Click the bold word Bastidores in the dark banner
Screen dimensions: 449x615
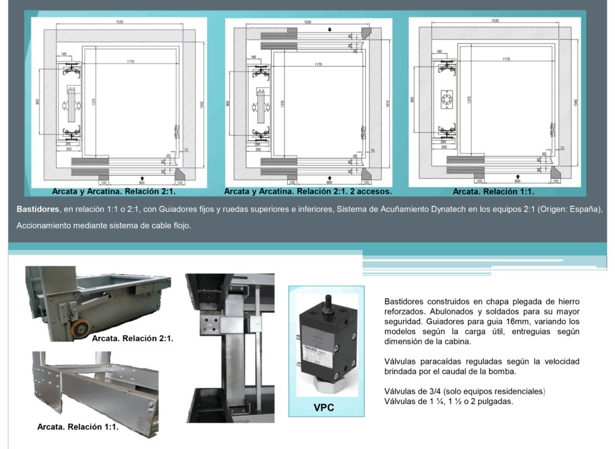pyautogui.click(x=38, y=209)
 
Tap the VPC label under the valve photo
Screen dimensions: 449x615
pyautogui.click(x=324, y=408)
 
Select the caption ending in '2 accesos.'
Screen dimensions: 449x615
pyautogui.click(x=307, y=192)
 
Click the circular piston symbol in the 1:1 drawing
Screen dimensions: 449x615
pyautogui.click(x=448, y=100)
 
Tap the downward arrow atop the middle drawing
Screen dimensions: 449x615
pyautogui.click(x=329, y=29)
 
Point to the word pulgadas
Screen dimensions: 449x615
pyautogui.click(x=495, y=401)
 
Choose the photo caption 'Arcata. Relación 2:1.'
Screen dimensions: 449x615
pyautogui.click(x=132, y=339)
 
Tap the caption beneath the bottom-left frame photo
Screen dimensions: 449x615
pyautogui.click(x=77, y=427)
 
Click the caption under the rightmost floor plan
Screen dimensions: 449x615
pyautogui.click(x=493, y=192)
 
